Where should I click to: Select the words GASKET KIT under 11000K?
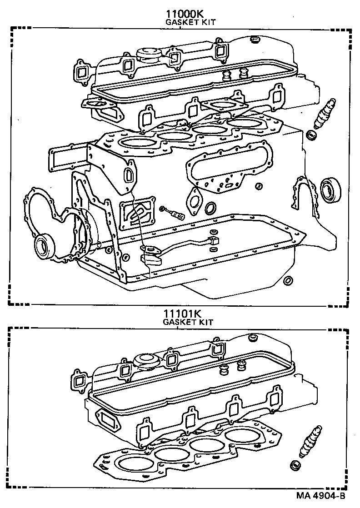[190, 22]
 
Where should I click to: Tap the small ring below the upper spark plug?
[311, 134]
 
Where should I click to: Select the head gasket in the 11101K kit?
[182, 450]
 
